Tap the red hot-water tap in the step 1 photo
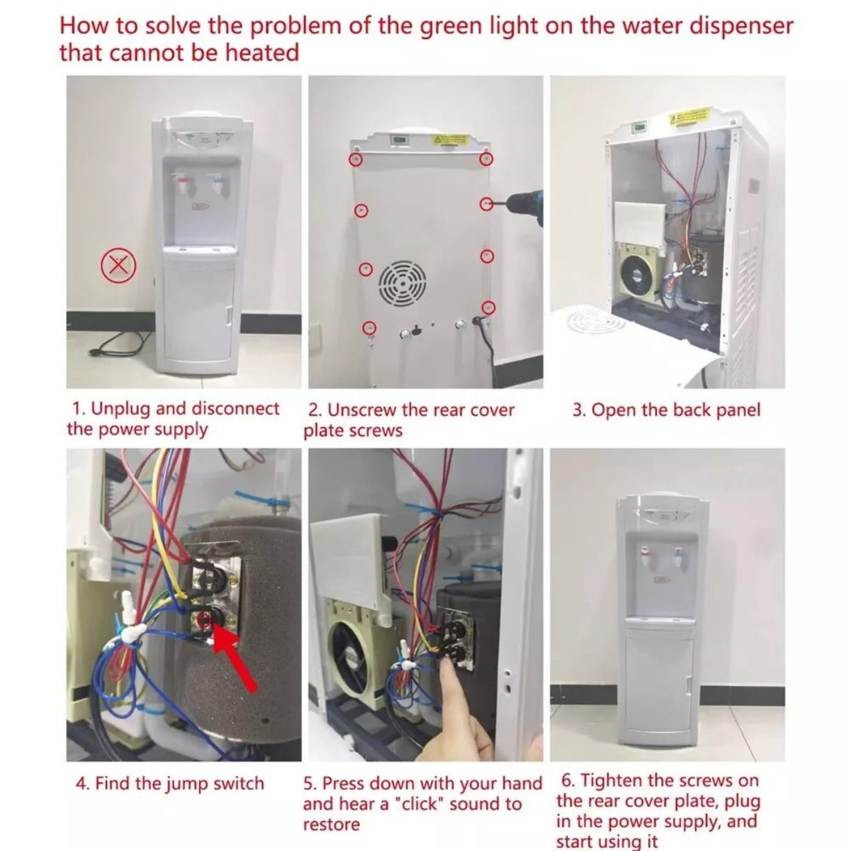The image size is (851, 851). [x=182, y=184]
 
